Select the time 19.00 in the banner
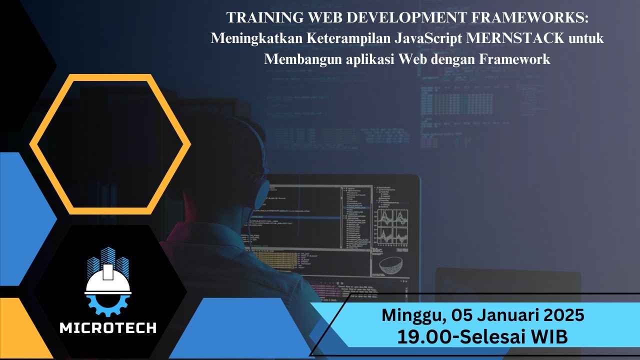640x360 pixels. click(423, 336)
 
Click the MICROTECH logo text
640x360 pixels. click(108, 328)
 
